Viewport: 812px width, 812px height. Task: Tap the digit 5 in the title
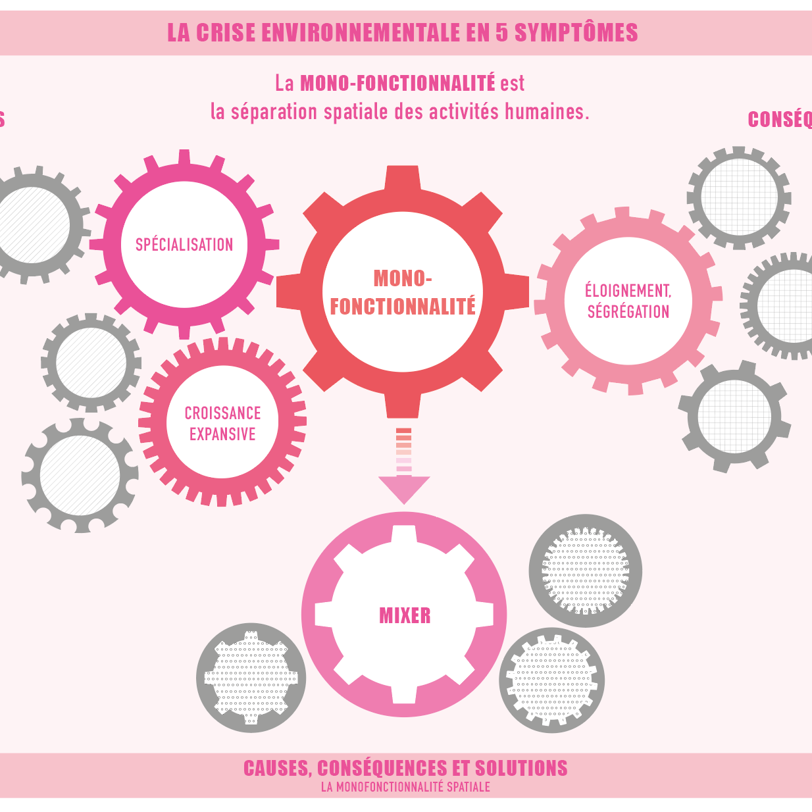(502, 33)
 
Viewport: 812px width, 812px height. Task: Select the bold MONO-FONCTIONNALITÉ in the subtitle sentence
(397, 84)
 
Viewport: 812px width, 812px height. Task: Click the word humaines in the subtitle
(546, 112)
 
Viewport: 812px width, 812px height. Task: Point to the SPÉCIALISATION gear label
(184, 245)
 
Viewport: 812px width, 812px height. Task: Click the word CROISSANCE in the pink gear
(222, 413)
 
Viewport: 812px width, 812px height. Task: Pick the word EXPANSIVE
(222, 434)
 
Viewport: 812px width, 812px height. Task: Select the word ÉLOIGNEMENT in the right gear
(628, 291)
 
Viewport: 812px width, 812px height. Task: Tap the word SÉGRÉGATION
(628, 312)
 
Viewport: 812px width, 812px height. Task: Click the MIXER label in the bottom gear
(405, 616)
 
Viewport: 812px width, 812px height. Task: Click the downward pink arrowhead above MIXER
(404, 489)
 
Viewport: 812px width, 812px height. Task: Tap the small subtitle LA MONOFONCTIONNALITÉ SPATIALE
(405, 787)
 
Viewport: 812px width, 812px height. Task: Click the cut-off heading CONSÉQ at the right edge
(780, 120)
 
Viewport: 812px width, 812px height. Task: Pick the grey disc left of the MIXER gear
(251, 678)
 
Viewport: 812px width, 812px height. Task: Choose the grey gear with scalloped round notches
(80, 475)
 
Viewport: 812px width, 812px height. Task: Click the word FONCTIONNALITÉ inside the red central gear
(403, 307)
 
